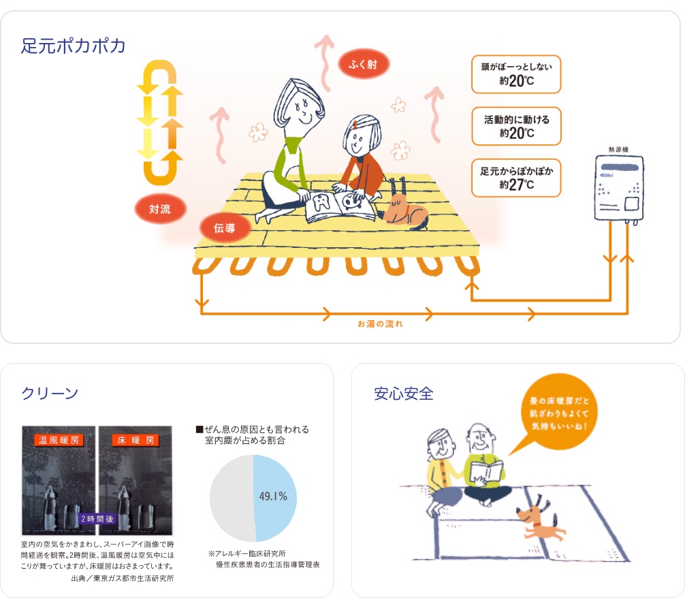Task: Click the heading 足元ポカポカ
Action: point(74,46)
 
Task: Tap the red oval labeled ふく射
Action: point(363,64)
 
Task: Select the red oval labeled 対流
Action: point(160,209)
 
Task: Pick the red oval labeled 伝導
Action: point(225,227)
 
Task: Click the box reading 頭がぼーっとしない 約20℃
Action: point(516,74)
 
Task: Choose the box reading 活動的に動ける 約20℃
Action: point(516,126)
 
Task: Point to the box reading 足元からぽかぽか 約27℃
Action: point(516,178)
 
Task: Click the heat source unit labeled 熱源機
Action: point(618,187)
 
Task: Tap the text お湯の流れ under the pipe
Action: point(380,324)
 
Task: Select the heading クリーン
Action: point(50,394)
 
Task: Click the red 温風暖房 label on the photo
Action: point(59,440)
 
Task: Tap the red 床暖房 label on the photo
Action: point(136,440)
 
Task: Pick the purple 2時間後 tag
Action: point(97,519)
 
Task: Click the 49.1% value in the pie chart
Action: point(273,497)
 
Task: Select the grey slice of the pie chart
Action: point(232,499)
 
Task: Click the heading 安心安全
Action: point(404,394)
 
